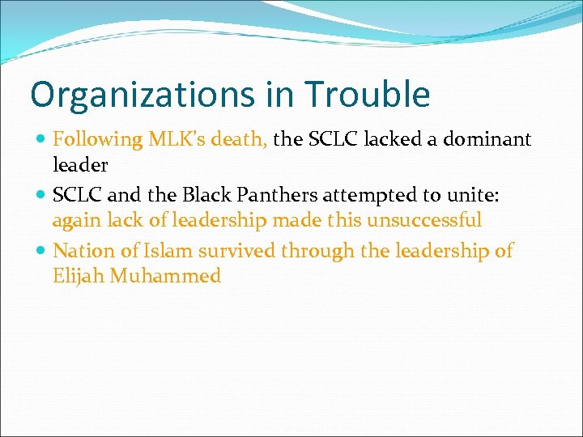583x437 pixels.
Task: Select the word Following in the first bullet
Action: [x=97, y=140]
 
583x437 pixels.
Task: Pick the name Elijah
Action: [x=78, y=276]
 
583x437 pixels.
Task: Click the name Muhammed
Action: [x=165, y=276]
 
